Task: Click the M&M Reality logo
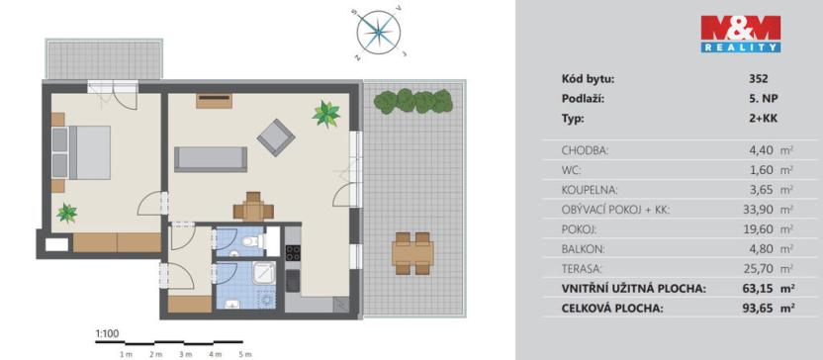coord(741,34)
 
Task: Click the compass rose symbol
coord(377,32)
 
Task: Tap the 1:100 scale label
coord(106,334)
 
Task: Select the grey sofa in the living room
coord(210,158)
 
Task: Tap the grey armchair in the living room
coord(275,136)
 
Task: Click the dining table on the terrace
coord(411,252)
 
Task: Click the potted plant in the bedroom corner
coord(67,212)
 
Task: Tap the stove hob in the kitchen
coord(293,251)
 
